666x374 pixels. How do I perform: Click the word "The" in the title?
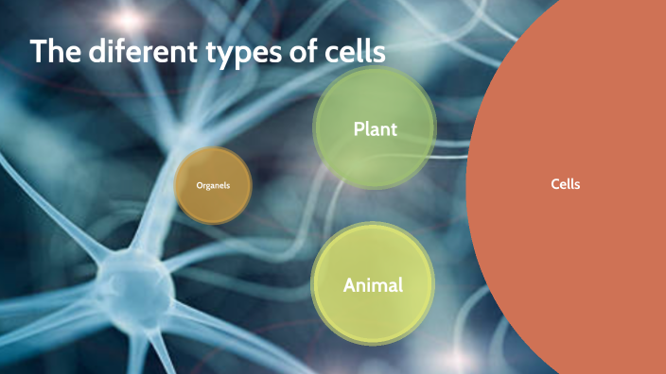(55, 52)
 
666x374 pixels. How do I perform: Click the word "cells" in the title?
(353, 52)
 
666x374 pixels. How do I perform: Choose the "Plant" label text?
(375, 128)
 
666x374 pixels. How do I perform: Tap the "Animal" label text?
(373, 284)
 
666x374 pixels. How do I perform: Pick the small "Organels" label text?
(213, 185)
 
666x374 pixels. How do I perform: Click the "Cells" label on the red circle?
(565, 184)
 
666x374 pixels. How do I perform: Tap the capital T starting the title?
(38, 52)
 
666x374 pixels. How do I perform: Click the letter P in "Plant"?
(358, 128)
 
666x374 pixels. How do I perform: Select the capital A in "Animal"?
(349, 284)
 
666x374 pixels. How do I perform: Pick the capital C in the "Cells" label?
(554, 184)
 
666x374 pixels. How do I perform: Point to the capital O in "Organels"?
(199, 185)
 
